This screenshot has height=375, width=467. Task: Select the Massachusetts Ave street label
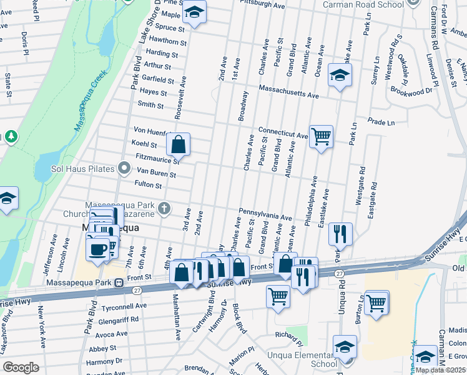tap(288, 92)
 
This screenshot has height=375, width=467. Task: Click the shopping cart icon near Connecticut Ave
tap(321, 136)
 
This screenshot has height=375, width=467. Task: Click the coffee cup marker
tap(97, 249)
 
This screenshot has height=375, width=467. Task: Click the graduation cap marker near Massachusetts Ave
tap(340, 76)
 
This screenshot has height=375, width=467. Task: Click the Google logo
tap(21, 367)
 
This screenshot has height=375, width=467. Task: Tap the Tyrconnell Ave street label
tap(124, 306)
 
